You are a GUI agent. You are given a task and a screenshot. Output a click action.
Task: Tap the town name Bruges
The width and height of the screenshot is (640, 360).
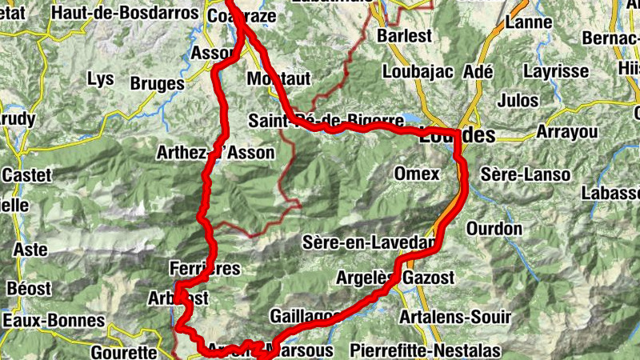pos(158,83)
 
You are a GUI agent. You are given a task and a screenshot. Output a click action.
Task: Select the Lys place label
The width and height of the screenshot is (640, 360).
pos(101,79)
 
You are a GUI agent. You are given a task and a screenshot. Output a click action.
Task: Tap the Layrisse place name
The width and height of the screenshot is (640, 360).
pos(556,71)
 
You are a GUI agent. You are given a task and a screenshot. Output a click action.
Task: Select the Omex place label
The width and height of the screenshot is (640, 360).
pos(417,174)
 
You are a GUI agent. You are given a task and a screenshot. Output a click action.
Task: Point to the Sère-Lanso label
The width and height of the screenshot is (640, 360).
pos(526,174)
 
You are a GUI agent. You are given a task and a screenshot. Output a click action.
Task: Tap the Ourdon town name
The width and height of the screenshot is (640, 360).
pos(494,229)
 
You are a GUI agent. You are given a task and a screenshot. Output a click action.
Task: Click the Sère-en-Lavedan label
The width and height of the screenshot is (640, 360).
pos(370,242)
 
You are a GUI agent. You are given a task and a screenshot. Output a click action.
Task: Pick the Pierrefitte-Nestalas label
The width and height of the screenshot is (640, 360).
pos(425,350)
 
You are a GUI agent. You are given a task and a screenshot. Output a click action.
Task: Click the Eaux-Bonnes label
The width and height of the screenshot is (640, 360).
pos(54,321)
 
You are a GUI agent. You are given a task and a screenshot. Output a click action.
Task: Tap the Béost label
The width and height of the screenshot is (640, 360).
pos(28,287)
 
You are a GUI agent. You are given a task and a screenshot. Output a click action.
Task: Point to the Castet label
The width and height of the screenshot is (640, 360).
pos(27,174)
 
